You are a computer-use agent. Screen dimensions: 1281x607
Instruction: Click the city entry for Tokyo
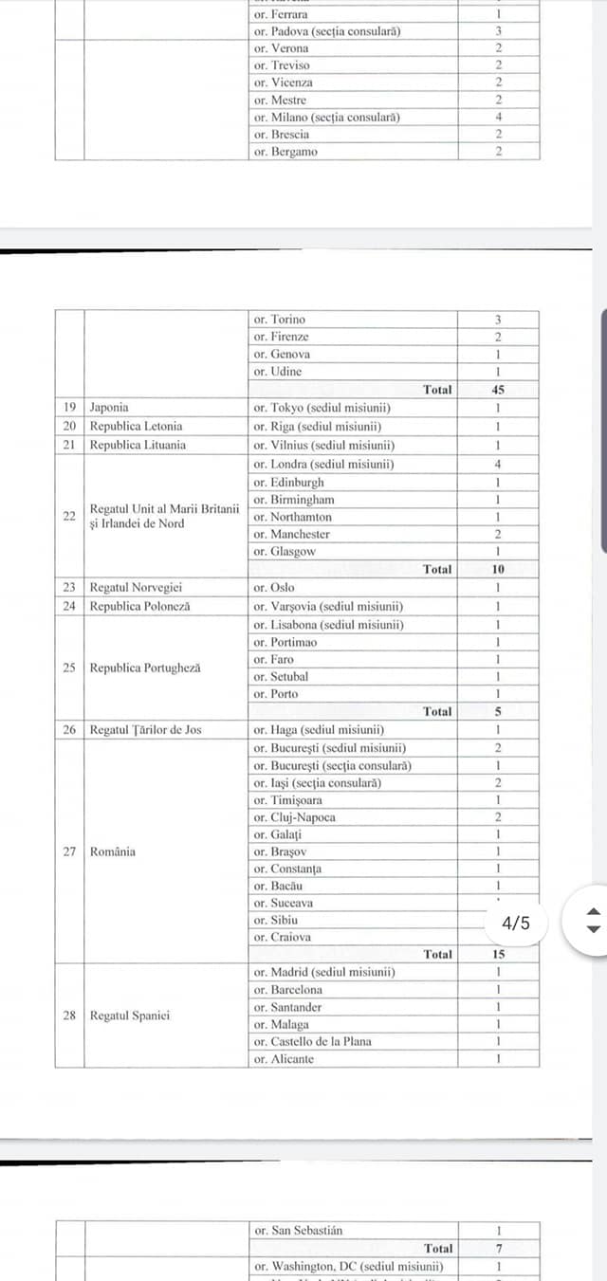click(x=322, y=408)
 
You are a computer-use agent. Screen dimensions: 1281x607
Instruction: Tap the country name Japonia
click(x=109, y=408)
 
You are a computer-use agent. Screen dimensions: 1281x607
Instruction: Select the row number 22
click(x=69, y=516)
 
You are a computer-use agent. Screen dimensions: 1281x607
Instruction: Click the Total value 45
click(x=498, y=390)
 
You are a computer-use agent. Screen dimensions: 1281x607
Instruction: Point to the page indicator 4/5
click(x=516, y=923)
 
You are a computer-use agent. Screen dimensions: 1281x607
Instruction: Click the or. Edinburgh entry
click(x=288, y=482)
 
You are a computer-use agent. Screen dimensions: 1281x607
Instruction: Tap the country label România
click(x=112, y=851)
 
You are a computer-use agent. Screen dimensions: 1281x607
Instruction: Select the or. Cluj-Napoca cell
click(x=294, y=817)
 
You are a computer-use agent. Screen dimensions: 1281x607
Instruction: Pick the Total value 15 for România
click(x=498, y=955)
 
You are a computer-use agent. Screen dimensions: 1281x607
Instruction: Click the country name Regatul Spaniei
click(x=130, y=1016)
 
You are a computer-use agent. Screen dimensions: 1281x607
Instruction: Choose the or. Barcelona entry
click(x=287, y=990)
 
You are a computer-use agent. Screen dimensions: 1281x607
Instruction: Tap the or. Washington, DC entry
click(x=347, y=1266)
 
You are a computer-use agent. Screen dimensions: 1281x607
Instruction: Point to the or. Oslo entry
click(x=274, y=588)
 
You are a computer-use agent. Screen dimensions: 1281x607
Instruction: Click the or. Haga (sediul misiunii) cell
click(x=318, y=730)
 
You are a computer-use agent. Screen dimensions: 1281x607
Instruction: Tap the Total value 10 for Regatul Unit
click(x=498, y=570)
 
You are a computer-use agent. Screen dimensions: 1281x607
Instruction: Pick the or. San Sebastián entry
click(x=298, y=1231)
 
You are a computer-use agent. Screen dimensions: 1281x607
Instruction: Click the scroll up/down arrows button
click(x=593, y=921)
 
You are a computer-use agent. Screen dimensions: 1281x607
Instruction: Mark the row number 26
click(x=69, y=730)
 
